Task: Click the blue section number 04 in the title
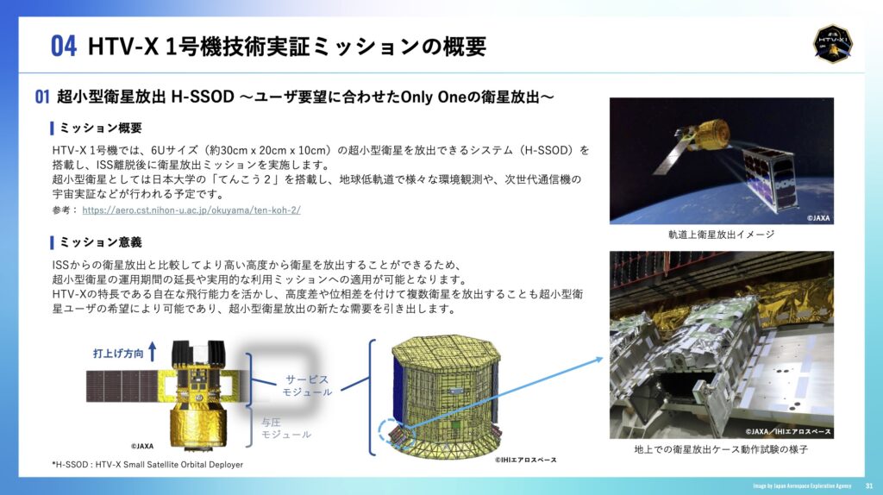tap(63, 47)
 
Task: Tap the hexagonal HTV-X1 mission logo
tap(832, 43)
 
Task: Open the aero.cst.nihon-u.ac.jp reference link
tap(191, 210)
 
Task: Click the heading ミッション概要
tap(101, 128)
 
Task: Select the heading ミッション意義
tap(101, 242)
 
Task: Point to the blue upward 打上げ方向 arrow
tap(152, 351)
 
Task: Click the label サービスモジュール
tap(307, 385)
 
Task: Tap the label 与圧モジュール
tap(285, 429)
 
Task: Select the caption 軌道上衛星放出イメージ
tap(722, 235)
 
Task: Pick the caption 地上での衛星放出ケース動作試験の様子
tap(722, 449)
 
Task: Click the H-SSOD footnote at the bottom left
tap(147, 465)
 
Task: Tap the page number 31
tap(869, 486)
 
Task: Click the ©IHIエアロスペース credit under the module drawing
tap(526, 460)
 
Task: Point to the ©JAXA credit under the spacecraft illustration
tap(142, 446)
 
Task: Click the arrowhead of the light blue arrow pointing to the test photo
tap(600, 360)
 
